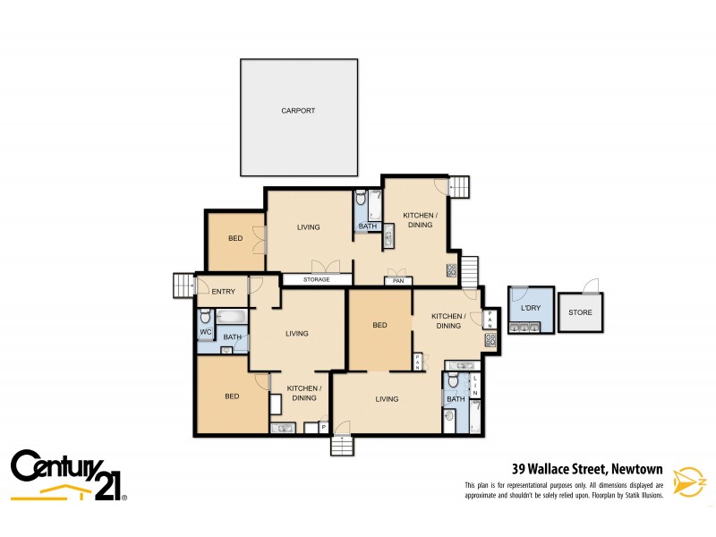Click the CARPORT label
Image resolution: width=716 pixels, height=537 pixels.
298,111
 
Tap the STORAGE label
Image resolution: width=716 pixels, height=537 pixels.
315,280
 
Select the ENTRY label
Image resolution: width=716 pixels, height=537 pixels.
223,291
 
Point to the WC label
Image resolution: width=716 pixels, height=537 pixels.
205,333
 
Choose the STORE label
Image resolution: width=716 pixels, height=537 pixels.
580,312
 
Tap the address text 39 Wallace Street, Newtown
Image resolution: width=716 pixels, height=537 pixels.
586,467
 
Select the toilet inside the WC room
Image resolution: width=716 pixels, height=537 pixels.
205,317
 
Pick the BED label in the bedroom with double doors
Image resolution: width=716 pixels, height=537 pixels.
234,239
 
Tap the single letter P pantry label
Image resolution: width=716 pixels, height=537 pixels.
321,429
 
